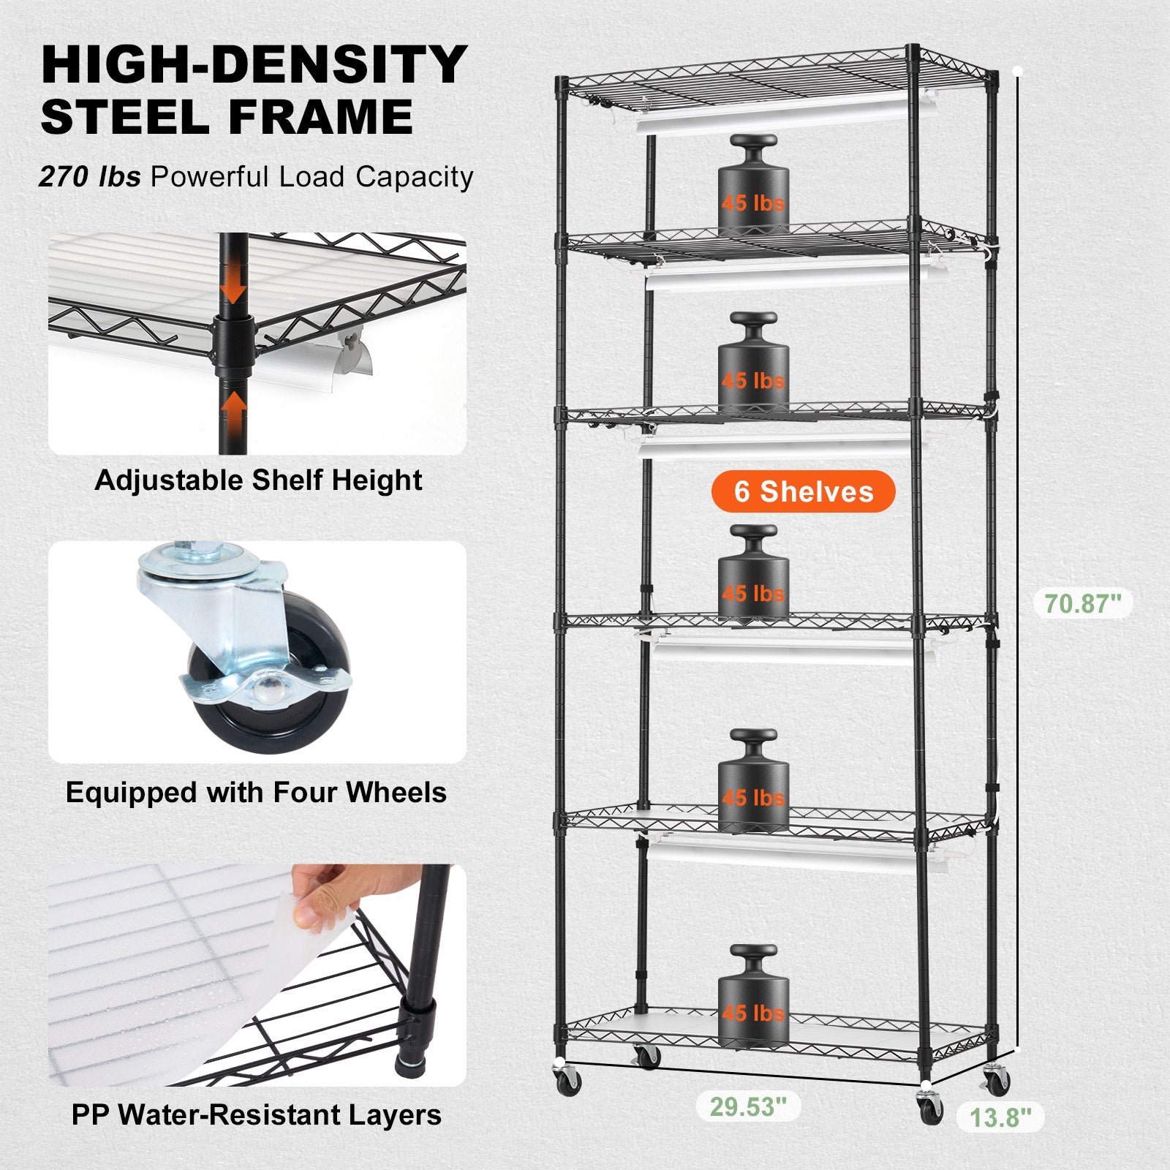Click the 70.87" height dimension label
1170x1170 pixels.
click(x=1083, y=604)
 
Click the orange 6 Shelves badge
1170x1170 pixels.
click(x=803, y=491)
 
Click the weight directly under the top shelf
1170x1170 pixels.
click(x=753, y=186)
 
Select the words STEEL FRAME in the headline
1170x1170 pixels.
click(x=227, y=117)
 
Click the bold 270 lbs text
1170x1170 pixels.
click(x=89, y=177)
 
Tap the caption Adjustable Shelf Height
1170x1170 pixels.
click(x=258, y=480)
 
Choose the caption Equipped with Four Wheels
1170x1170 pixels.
click(x=256, y=793)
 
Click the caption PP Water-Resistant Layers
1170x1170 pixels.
click(x=256, y=1115)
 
